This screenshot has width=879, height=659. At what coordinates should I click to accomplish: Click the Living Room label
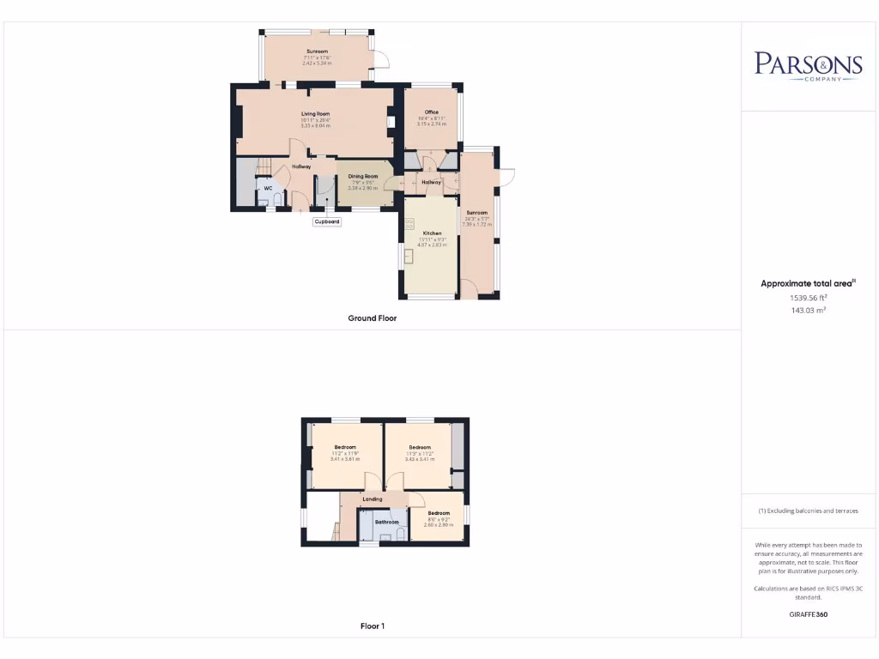pos(316,113)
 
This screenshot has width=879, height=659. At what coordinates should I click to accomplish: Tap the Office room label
pos(432,112)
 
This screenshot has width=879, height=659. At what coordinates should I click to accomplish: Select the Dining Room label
pos(363,176)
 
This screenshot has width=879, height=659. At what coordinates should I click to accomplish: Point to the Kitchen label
pos(433,233)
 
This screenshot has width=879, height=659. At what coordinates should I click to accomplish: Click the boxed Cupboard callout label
pos(327,221)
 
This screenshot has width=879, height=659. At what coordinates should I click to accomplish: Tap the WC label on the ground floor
pos(268,188)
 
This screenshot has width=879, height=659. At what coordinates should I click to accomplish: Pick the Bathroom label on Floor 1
pos(386,522)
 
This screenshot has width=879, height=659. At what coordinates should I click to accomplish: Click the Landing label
pos(373,499)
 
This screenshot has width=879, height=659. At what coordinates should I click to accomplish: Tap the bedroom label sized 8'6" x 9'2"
pos(439,513)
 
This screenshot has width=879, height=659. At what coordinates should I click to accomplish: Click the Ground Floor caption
pos(373,318)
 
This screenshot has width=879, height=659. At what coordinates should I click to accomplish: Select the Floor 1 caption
pos(373,626)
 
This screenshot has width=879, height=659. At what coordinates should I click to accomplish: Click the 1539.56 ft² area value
pos(808,298)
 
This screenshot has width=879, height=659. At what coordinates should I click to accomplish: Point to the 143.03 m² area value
pos(808,311)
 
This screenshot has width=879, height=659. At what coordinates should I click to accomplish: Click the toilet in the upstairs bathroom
pos(401,535)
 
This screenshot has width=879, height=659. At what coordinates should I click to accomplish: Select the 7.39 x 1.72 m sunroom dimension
pos(476,224)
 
